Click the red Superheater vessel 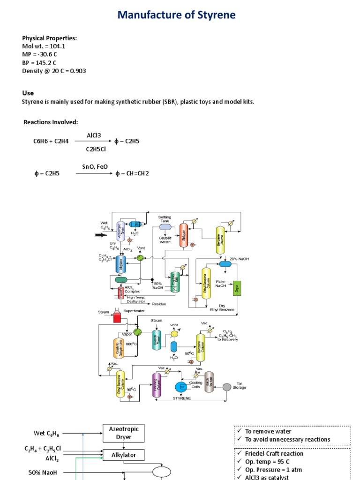point(116,317)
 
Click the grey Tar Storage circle point(227,387)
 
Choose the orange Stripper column point(183,237)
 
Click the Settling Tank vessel point(165,227)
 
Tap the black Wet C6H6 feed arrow point(101,235)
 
